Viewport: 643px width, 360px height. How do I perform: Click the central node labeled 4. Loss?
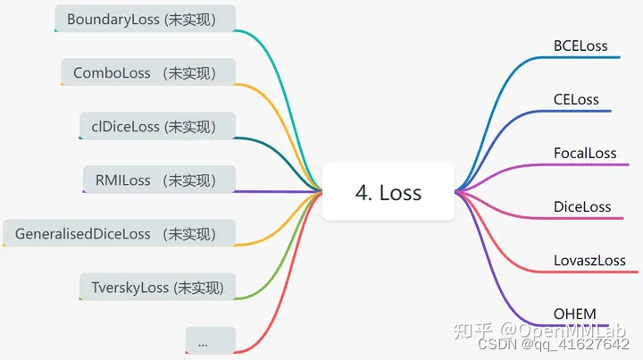(388, 191)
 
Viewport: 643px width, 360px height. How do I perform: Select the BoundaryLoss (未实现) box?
(145, 19)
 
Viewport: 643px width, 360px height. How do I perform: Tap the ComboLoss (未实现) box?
(147, 72)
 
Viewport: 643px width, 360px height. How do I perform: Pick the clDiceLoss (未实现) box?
(157, 126)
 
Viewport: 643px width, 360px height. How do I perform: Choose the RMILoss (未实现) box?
(159, 180)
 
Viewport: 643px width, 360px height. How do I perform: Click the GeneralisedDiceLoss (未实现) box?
(119, 233)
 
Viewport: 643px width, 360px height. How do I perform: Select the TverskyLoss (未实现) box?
(157, 287)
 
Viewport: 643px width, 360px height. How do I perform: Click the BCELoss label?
(580, 46)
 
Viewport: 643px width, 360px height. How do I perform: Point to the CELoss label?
(576, 99)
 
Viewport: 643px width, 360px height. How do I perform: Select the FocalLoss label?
(585, 153)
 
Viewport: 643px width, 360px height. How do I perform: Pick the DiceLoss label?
(582, 206)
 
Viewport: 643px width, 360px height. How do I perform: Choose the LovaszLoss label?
(589, 260)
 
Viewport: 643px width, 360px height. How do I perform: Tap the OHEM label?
(575, 313)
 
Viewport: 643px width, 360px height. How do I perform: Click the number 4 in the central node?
(362, 192)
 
